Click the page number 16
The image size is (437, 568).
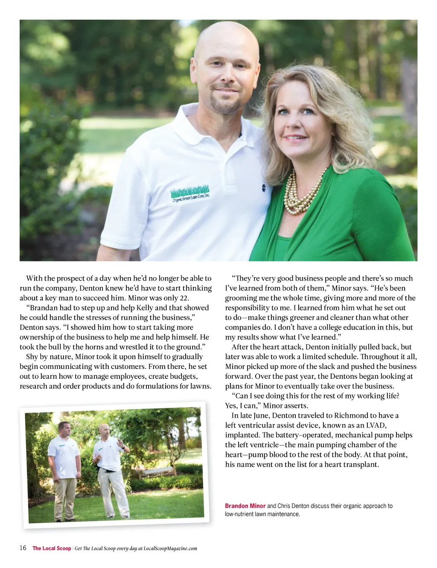click(x=23, y=548)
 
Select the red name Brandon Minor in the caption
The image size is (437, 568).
click(x=245, y=506)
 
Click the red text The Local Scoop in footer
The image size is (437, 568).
click(x=52, y=548)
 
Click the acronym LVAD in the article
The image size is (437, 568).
click(x=376, y=425)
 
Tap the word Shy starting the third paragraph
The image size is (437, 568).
click(x=32, y=357)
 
